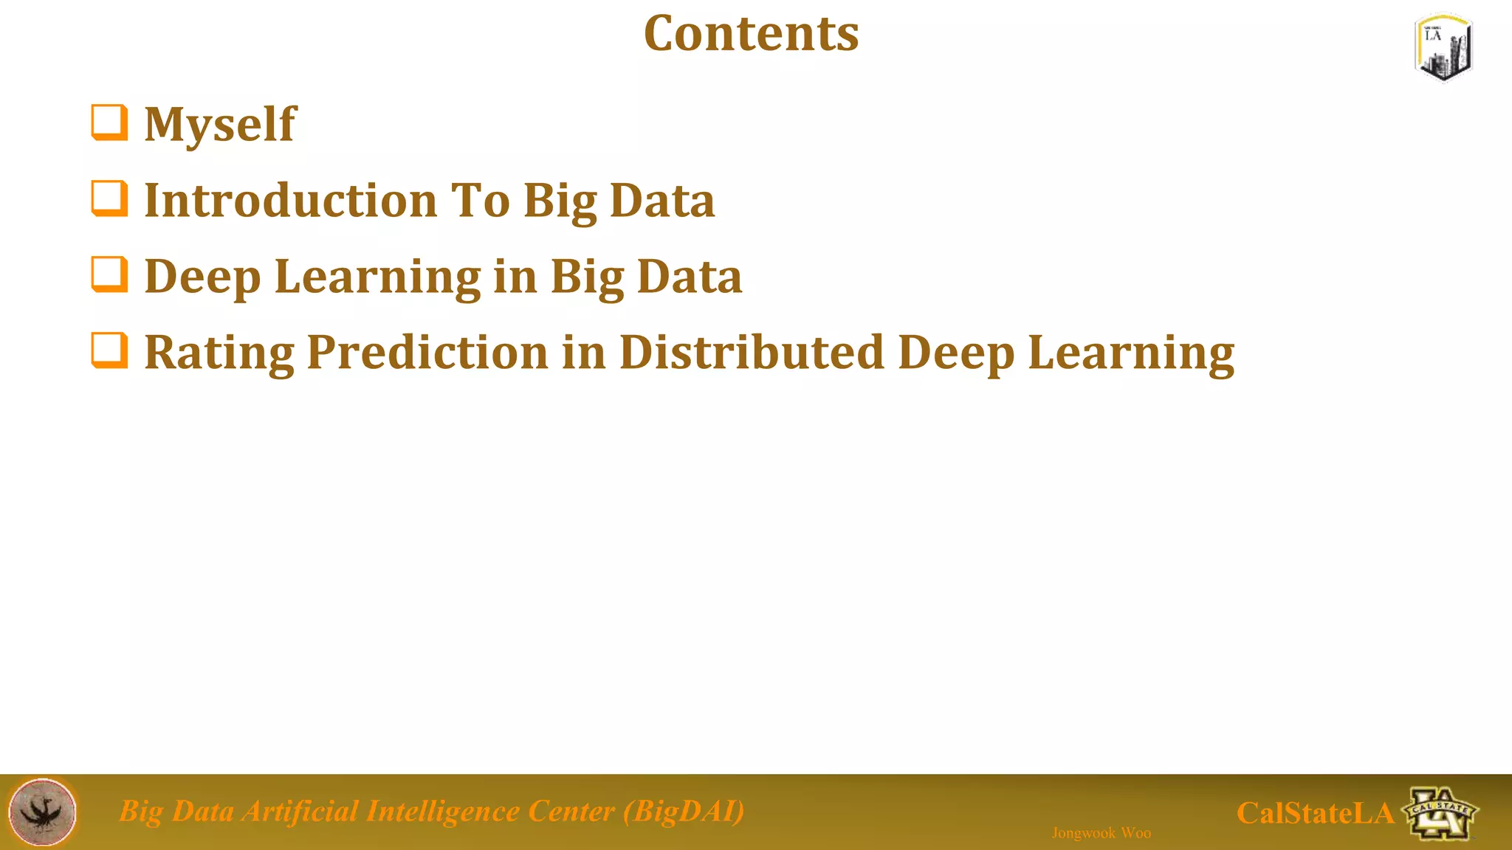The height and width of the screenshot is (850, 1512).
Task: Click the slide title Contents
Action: tap(751, 34)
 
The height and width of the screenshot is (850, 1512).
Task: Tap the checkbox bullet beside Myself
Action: tap(109, 122)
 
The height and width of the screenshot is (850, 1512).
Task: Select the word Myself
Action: tap(220, 124)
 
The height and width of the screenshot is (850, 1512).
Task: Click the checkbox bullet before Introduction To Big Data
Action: tap(109, 198)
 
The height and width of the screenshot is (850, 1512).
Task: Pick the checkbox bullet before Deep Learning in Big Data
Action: tap(109, 274)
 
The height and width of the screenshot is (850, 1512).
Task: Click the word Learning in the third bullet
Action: tap(377, 277)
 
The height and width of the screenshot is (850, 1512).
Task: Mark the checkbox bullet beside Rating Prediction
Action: tap(109, 350)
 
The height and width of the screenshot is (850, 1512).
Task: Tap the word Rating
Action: tap(219, 353)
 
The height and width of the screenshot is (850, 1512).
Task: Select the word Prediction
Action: tap(427, 353)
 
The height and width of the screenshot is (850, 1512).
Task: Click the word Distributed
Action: tap(751, 352)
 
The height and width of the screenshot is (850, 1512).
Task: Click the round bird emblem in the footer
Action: tap(43, 812)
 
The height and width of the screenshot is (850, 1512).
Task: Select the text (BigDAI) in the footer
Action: tap(684, 812)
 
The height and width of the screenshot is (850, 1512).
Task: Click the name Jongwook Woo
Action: tap(1101, 833)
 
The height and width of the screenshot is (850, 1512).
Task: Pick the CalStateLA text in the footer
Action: tap(1315, 813)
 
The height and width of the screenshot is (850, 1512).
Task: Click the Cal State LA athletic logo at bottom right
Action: tap(1440, 813)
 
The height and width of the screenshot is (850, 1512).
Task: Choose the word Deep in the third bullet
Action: tap(202, 277)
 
